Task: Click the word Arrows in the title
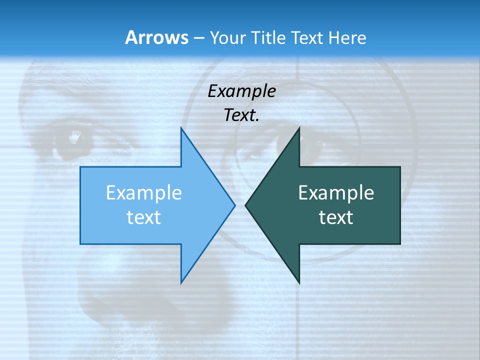click(156, 37)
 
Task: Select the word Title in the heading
click(267, 37)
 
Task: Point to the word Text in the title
click(308, 37)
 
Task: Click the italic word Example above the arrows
click(241, 91)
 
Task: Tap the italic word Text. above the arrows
click(241, 115)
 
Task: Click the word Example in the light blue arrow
click(144, 192)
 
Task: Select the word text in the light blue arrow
click(144, 217)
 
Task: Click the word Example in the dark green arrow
click(336, 192)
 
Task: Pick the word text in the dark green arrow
click(336, 217)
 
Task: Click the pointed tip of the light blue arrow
click(234, 205)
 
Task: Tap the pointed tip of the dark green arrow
click(245, 205)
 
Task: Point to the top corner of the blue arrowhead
click(181, 128)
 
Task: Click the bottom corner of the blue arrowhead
click(181, 283)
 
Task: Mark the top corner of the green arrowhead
click(299, 128)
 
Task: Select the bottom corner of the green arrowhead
click(299, 283)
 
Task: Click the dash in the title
click(198, 38)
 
